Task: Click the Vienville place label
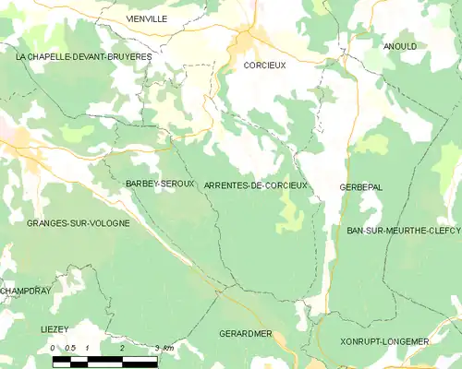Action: click(146, 18)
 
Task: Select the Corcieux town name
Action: click(265, 66)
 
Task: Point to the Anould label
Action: click(400, 46)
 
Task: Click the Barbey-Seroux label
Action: click(160, 184)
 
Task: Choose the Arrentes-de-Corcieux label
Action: click(256, 186)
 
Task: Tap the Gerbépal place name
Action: click(360, 187)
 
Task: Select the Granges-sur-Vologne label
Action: click(65, 223)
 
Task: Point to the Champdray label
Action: click(22, 291)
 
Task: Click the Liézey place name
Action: click(55, 329)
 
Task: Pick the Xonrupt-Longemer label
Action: click(385, 342)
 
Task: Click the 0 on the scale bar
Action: click(53, 348)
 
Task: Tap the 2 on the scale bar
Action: click(122, 348)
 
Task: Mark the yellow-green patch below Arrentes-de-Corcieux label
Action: click(290, 216)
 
